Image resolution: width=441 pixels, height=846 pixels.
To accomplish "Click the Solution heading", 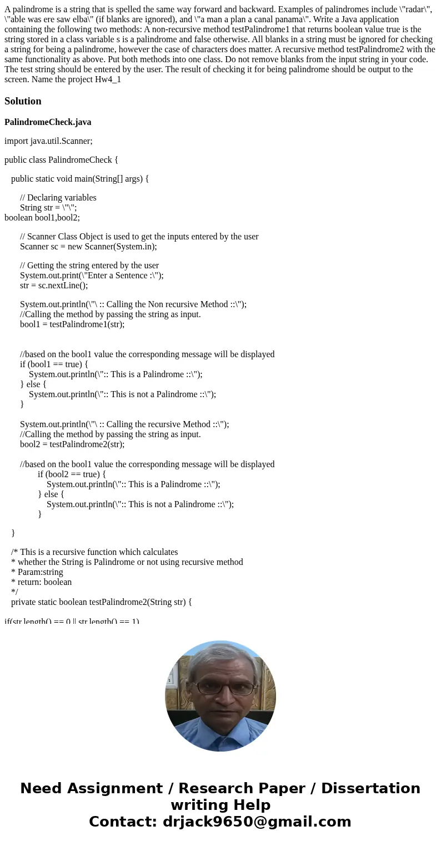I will pyautogui.click(x=23, y=101).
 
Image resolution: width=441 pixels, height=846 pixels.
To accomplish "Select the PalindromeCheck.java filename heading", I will pyautogui.click(x=48, y=122).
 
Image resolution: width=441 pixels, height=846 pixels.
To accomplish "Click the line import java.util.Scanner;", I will pyautogui.click(x=48, y=141).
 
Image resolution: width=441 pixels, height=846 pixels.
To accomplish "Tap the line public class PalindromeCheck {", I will pyautogui.click(x=61, y=160).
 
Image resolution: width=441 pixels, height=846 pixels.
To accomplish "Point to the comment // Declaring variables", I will pyautogui.click(x=58, y=198).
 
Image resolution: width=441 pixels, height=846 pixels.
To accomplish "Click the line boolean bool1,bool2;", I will pyautogui.click(x=42, y=218).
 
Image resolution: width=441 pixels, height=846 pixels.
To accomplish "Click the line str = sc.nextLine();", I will pyautogui.click(x=54, y=286).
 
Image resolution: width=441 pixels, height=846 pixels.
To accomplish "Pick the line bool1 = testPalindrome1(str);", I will pyautogui.click(x=72, y=324).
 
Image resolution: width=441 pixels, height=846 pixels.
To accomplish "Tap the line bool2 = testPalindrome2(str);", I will pyautogui.click(x=72, y=444).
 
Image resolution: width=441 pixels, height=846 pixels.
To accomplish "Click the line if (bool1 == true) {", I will pyautogui.click(x=54, y=364).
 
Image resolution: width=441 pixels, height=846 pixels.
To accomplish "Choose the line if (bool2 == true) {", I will pyautogui.click(x=72, y=474).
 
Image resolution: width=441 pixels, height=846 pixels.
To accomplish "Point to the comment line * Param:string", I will pyautogui.click(x=37, y=572).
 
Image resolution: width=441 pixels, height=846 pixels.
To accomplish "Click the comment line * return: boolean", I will pyautogui.click(x=41, y=582).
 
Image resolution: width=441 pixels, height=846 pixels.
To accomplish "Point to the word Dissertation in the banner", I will pyautogui.click(x=370, y=789).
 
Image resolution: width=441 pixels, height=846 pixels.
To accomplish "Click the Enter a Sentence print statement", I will pyautogui.click(x=92, y=276).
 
